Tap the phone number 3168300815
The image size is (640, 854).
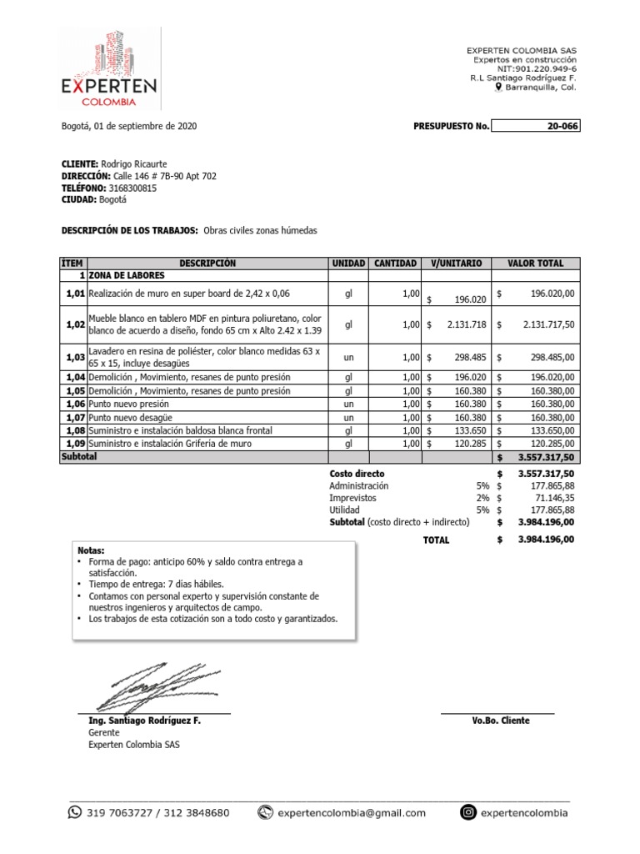[x=132, y=188]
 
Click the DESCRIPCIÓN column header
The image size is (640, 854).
[x=207, y=264]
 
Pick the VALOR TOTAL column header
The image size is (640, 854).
[x=536, y=264]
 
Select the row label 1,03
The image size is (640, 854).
[x=74, y=357]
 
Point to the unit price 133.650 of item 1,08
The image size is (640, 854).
[x=468, y=430]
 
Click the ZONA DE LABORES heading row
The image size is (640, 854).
[x=126, y=275]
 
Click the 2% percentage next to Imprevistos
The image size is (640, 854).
[x=482, y=497]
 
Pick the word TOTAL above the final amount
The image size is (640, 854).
[x=436, y=540]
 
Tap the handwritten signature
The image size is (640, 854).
[x=154, y=686]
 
